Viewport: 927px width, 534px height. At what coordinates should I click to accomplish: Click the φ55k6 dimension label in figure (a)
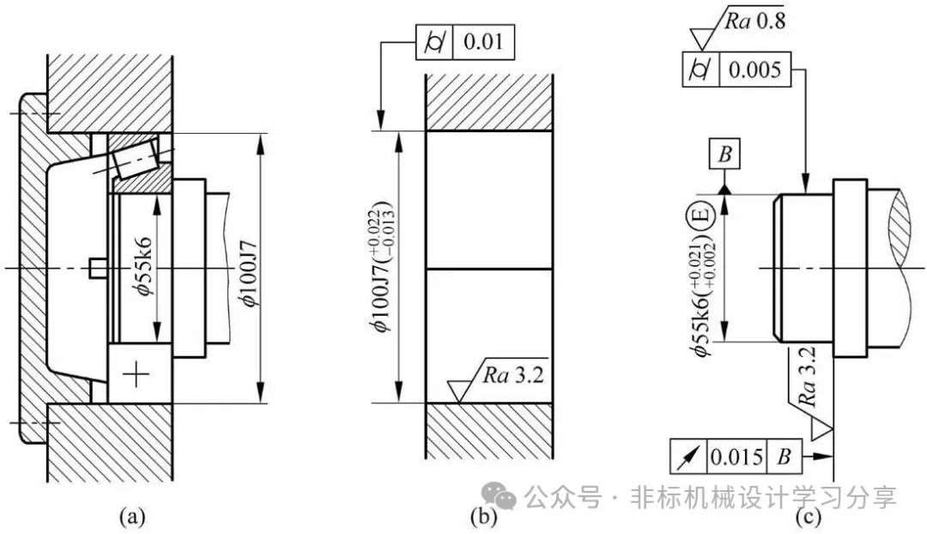click(x=143, y=264)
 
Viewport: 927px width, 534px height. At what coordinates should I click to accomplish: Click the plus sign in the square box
click(x=136, y=373)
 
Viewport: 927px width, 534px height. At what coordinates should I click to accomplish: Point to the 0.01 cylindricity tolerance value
click(x=483, y=42)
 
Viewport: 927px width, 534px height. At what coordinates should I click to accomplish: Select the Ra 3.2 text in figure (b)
click(x=512, y=375)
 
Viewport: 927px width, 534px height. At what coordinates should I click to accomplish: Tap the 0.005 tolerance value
click(x=755, y=70)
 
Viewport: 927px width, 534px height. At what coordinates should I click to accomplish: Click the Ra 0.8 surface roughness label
click(x=755, y=21)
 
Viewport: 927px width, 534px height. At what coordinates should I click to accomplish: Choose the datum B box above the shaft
click(x=724, y=155)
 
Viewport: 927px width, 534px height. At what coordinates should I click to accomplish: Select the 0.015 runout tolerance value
click(x=736, y=457)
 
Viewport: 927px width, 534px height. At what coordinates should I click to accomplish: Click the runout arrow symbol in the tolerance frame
click(x=688, y=457)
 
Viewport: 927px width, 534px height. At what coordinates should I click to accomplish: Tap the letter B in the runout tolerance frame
click(x=784, y=457)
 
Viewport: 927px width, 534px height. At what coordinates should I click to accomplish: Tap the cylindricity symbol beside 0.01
click(x=434, y=43)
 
